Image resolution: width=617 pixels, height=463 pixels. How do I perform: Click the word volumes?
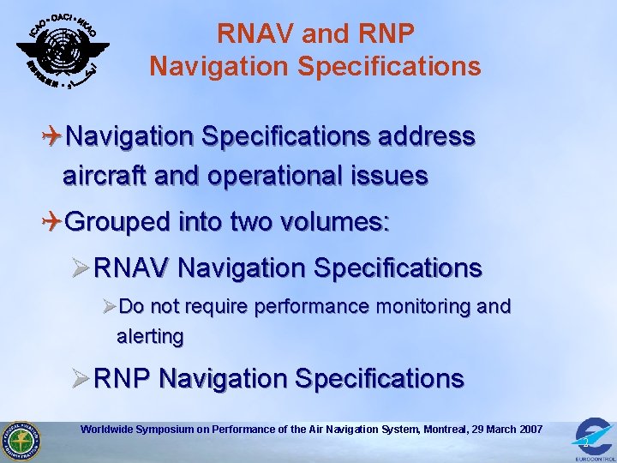pyautogui.click(x=336, y=224)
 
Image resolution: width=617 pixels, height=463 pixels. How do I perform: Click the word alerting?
pyautogui.click(x=150, y=337)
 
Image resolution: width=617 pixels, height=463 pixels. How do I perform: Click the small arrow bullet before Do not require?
pyautogui.click(x=108, y=306)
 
